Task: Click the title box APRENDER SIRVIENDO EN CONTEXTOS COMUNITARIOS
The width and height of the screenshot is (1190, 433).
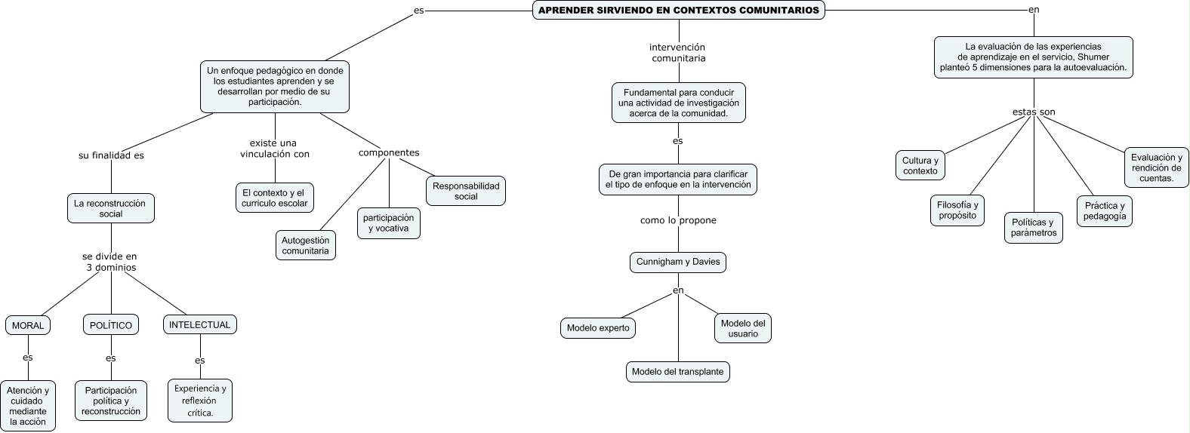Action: (678, 11)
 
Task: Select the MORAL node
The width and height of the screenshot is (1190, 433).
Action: (29, 325)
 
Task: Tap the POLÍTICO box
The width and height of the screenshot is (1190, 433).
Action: (111, 325)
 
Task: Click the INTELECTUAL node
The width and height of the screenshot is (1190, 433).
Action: (199, 324)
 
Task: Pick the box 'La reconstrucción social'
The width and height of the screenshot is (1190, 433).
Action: (111, 208)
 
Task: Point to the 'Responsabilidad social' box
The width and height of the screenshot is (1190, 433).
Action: (466, 191)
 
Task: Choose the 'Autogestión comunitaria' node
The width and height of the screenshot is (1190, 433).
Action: (305, 245)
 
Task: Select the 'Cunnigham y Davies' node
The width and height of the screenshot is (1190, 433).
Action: (678, 262)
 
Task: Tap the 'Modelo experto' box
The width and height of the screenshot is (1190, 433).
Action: (598, 328)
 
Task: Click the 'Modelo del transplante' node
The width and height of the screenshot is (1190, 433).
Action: (677, 371)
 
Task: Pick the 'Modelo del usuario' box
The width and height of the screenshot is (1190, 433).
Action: (743, 328)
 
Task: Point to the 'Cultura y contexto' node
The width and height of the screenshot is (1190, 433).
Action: (920, 166)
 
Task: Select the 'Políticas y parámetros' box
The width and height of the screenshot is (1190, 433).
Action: (1034, 228)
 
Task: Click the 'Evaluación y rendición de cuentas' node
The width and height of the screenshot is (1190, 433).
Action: (1156, 167)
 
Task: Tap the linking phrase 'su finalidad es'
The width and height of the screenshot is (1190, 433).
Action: (111, 155)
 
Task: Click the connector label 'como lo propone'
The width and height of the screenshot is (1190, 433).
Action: (678, 220)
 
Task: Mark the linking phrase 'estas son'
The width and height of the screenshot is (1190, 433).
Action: (1034, 112)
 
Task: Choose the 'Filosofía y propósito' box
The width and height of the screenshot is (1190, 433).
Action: (957, 210)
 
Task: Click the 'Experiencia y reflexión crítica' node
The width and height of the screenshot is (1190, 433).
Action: (199, 401)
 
